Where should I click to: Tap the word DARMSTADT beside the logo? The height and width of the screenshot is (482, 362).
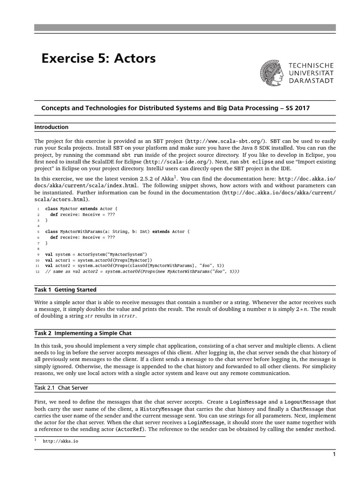[312, 80]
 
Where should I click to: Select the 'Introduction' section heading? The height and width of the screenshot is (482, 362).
[51, 127]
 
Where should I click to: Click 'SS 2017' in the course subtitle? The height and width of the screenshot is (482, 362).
[297, 108]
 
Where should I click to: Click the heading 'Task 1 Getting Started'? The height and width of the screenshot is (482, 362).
[66, 289]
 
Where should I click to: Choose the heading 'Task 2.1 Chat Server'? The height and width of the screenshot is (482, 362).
[61, 387]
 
